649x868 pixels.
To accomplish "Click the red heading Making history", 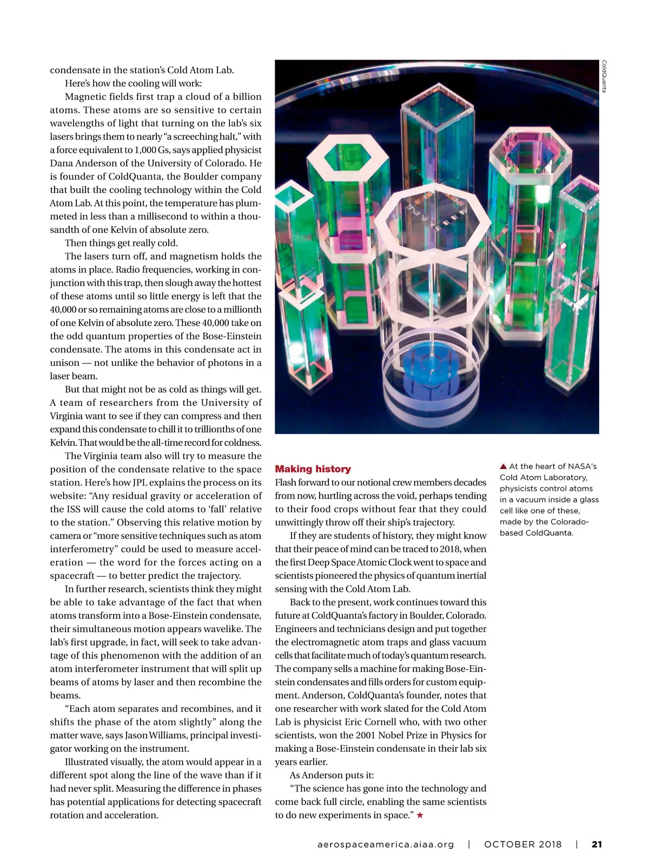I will click(313, 469).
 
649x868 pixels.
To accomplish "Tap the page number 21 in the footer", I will click(597, 844).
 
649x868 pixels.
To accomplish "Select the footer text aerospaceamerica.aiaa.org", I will click(386, 844).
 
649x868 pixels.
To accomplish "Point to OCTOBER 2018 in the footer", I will click(522, 844).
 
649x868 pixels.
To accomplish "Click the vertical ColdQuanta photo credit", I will click(604, 76).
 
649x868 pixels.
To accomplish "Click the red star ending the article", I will click(420, 816).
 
